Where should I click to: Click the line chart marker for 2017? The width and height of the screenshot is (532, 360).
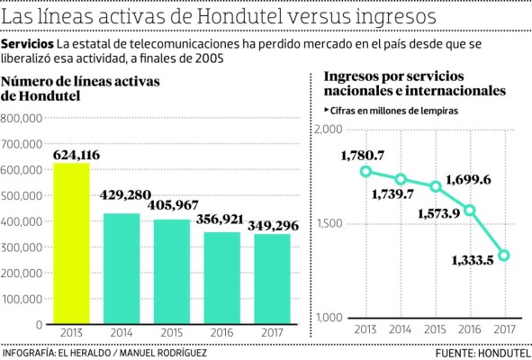[x=505, y=256]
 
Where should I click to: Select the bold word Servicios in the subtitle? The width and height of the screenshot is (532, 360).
[x=27, y=45]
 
